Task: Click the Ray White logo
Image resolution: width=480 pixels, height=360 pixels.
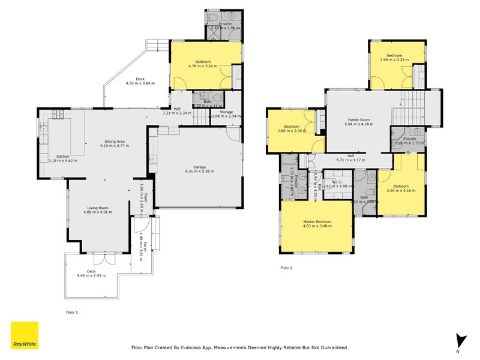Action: (x=25, y=335)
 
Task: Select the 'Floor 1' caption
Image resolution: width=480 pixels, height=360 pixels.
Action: (x=71, y=312)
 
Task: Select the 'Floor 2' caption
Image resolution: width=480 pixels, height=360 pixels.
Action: (x=286, y=268)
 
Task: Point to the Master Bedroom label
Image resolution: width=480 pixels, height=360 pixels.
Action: (x=317, y=222)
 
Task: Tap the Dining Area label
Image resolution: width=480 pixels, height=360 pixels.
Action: (x=115, y=141)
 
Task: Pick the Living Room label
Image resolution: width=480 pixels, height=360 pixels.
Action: (x=98, y=207)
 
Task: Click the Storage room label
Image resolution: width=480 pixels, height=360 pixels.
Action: (x=226, y=112)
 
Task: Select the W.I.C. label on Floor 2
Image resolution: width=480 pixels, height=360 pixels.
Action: (x=337, y=181)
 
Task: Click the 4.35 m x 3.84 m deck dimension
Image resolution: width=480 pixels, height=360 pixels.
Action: (x=140, y=83)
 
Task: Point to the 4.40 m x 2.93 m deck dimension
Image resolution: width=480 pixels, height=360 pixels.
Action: (x=91, y=275)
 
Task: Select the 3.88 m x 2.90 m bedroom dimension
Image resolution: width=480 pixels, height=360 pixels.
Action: (x=292, y=131)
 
